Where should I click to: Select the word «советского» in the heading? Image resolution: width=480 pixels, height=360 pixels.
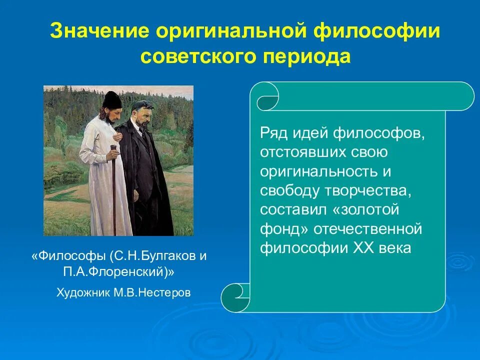(x=198, y=57)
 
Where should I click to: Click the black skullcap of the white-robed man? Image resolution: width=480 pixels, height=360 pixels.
(x=111, y=99)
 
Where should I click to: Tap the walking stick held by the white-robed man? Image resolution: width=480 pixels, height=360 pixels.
(x=114, y=190)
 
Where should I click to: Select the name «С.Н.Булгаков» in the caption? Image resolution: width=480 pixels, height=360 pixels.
(x=155, y=256)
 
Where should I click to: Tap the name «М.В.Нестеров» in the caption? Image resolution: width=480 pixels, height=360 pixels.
(x=152, y=292)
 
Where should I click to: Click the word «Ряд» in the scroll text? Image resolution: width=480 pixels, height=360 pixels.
(x=273, y=133)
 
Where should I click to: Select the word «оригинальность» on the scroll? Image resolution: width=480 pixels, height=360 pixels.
(x=318, y=171)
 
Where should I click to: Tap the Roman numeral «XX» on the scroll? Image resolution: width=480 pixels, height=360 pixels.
(x=363, y=247)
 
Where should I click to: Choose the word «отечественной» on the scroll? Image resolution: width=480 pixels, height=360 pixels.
(x=367, y=229)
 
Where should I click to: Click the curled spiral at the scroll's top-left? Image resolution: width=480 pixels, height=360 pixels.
(x=267, y=97)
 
